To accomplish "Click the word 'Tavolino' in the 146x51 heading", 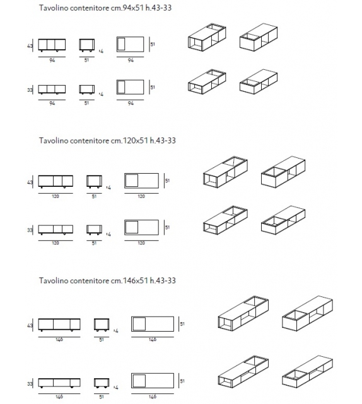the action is click(53, 281).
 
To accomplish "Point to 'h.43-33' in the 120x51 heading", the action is click(163, 141).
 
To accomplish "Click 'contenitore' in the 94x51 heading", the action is click(90, 8).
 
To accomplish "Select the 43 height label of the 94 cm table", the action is click(30, 46).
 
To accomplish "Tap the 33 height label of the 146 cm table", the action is click(30, 384).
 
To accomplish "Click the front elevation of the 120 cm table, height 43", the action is click(55, 181).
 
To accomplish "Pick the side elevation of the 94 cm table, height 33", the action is click(87, 89).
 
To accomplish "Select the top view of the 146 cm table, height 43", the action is click(153, 324).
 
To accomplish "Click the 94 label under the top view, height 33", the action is click(131, 103).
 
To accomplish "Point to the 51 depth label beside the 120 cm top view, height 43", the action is click(167, 181).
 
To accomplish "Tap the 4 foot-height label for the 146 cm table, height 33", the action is click(117, 388).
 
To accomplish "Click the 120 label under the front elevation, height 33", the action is click(55, 243).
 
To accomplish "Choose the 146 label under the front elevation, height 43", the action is click(59, 340).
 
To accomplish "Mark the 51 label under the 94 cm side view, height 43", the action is click(86, 60).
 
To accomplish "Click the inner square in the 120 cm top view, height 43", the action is click(132, 181).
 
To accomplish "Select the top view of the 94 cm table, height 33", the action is click(130, 87).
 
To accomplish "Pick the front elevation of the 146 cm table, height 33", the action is click(59, 383).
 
